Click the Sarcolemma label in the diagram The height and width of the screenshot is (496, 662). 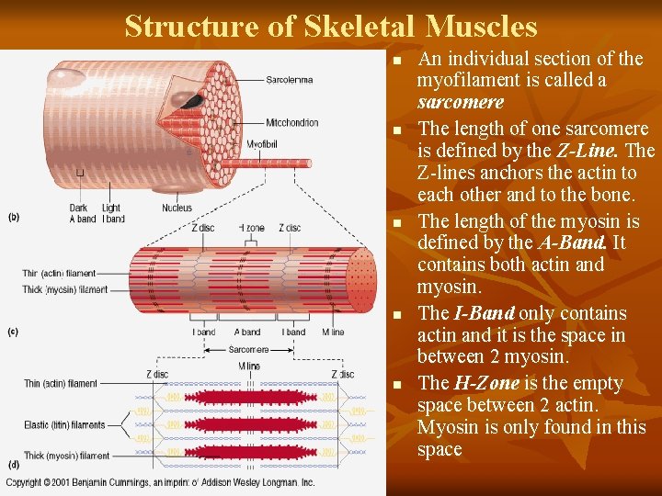point(289,80)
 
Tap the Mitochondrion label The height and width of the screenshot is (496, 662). point(292,123)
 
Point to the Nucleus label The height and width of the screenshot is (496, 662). point(177,209)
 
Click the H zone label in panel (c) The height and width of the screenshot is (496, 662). point(251,228)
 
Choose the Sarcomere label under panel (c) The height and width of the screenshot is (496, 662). point(248,350)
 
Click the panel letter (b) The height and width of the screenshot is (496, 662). point(14,218)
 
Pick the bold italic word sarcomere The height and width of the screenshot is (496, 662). point(460,102)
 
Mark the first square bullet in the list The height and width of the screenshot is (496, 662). point(397,61)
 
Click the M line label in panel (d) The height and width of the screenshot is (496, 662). point(248,366)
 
